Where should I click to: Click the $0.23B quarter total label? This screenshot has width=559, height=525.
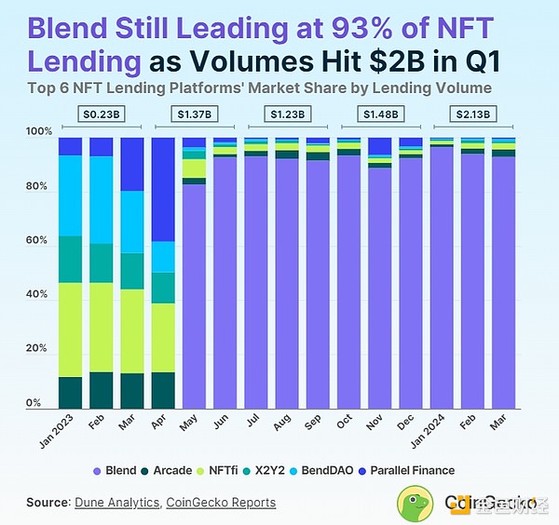tap(101, 114)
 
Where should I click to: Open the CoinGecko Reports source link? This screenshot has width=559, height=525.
tap(221, 503)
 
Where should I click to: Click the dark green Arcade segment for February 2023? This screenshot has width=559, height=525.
tap(101, 390)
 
